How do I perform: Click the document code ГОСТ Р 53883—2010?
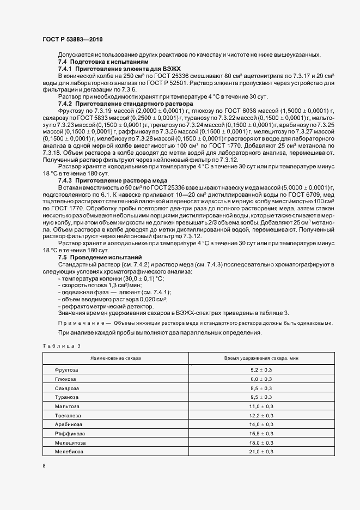pos(72,40)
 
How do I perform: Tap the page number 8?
pos(44,466)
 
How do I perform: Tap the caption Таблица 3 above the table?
pos(61,346)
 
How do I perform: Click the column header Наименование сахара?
pos(115,359)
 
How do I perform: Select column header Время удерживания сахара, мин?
pos(261,359)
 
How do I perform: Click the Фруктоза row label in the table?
pos(66,369)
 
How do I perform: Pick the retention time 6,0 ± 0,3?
pos(261,379)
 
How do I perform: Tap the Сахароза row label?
pos(66,388)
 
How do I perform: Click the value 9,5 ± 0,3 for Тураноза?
pos(261,397)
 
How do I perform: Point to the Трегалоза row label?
pos(68,416)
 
